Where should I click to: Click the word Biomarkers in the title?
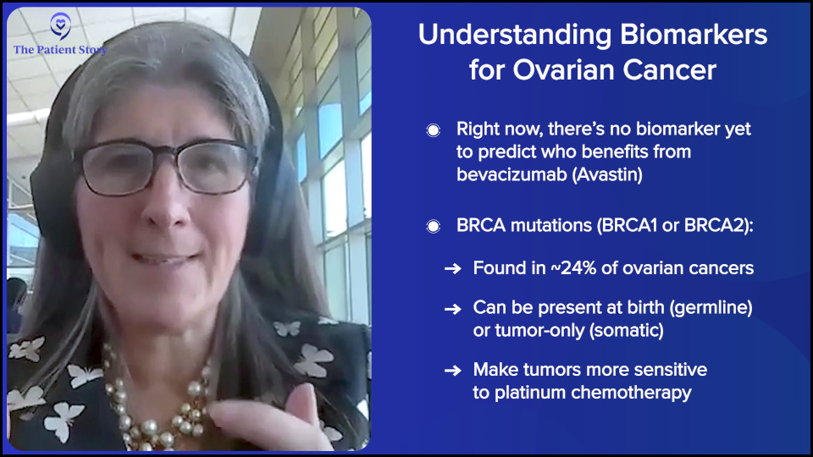coord(694,35)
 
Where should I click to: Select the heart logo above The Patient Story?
coord(61,26)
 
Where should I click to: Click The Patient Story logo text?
coord(60,50)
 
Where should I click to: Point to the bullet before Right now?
coord(434,129)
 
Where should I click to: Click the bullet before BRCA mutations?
coord(434,227)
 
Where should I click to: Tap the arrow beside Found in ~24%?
coord(452,268)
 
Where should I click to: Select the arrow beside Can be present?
coord(452,309)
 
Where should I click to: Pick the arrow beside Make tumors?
coord(452,371)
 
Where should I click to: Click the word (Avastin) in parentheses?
coord(607,174)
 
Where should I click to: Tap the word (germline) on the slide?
coord(711,308)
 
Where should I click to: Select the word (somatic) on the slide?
coord(627,331)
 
